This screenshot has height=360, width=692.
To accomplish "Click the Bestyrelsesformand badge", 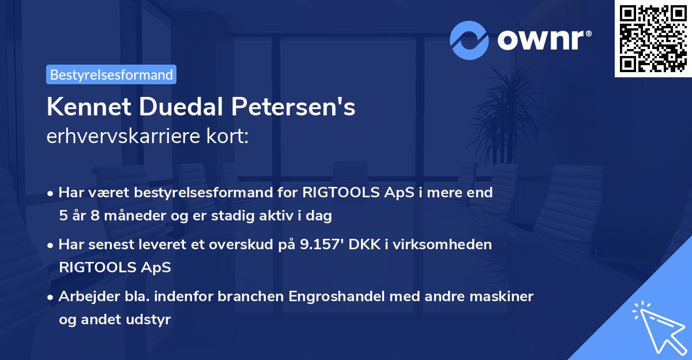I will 111,74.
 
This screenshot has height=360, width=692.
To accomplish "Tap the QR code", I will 653,38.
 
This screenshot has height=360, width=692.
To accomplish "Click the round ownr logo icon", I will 469,40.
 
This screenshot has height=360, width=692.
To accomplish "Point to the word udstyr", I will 152,319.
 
